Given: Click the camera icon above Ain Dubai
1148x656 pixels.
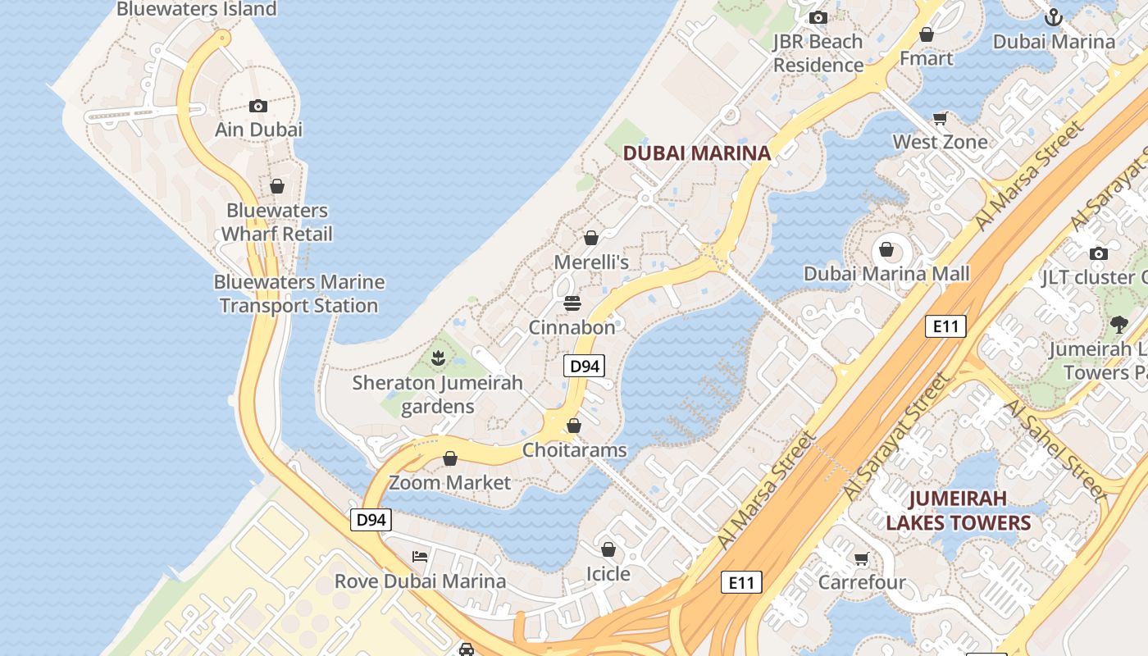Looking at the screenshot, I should point(258,106).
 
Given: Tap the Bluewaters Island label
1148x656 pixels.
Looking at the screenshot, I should point(197,9).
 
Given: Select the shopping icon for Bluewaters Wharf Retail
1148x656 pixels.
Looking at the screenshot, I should point(277,186).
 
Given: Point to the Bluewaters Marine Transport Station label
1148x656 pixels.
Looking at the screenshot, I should point(299,294).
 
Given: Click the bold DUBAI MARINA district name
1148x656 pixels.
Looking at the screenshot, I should point(697,153).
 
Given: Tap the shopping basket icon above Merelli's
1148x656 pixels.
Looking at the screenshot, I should point(591,238).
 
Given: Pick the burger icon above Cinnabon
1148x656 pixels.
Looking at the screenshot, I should point(572,303).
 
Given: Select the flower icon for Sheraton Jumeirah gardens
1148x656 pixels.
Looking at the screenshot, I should point(438,358).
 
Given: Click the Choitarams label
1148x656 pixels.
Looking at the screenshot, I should point(574,450).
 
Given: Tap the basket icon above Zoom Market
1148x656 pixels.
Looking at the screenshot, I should point(450,458).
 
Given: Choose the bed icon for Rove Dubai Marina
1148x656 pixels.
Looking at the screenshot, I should point(420,557).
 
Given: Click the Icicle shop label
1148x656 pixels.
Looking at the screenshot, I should point(608,573).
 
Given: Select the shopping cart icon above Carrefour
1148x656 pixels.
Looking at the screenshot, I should point(861,558).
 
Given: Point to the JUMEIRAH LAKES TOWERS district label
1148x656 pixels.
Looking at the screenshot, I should point(958,510).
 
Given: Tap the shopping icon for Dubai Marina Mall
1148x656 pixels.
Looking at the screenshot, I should point(886,249).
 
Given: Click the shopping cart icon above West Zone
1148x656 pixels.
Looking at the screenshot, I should point(940,118).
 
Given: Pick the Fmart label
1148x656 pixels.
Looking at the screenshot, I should point(926,58).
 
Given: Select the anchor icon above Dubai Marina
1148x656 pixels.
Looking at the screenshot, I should point(1054,17).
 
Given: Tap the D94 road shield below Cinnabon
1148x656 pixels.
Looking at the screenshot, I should point(584,366).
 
